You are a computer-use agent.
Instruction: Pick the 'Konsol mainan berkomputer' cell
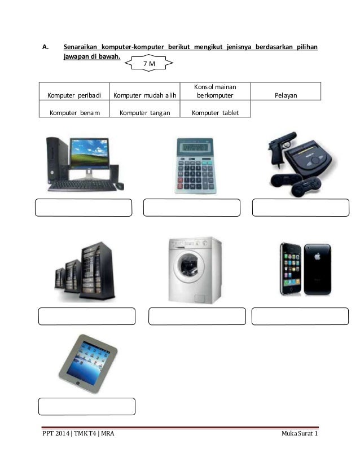click(x=214, y=91)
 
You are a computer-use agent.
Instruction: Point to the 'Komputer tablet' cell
click(x=214, y=112)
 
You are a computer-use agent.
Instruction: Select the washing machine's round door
click(x=187, y=274)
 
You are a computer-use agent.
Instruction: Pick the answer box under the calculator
click(x=192, y=208)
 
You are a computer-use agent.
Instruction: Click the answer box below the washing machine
click(x=197, y=316)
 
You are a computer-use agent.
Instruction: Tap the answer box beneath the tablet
click(x=87, y=406)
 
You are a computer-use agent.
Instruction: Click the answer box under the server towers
click(x=87, y=316)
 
